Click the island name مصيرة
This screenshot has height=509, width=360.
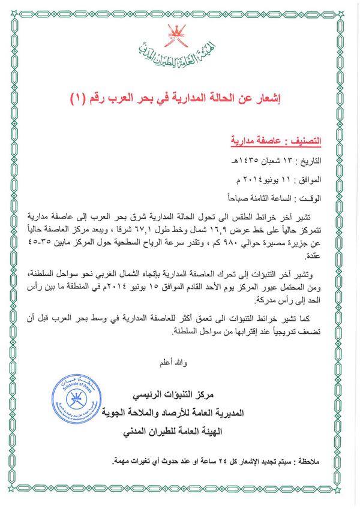pyautogui.click(x=287, y=243)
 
